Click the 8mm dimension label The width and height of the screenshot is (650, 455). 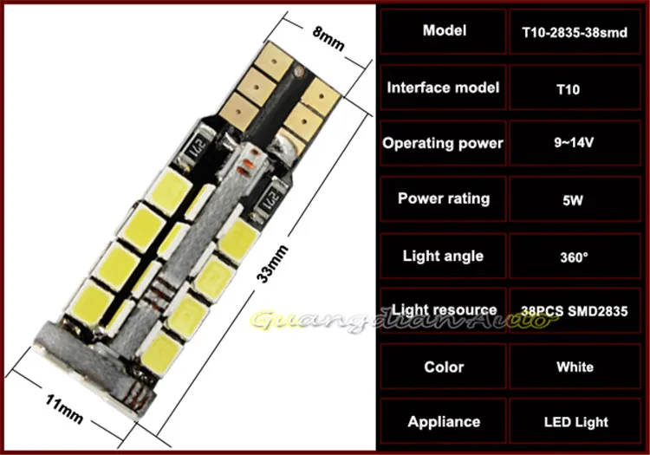click(x=328, y=38)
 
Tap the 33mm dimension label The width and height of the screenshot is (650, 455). click(x=272, y=264)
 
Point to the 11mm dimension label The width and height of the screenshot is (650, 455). click(x=64, y=409)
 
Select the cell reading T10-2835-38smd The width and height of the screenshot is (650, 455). click(x=575, y=32)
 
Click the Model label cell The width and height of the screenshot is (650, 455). click(x=443, y=31)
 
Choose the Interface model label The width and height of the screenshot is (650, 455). click(x=443, y=88)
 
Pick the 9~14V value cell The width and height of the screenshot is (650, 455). click(x=575, y=143)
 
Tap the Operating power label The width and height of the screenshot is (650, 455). click(x=443, y=143)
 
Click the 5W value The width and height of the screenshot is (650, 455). click(x=573, y=200)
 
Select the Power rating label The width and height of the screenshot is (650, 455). click(x=444, y=198)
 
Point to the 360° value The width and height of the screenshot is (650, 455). click(x=574, y=257)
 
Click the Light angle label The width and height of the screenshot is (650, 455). click(x=443, y=256)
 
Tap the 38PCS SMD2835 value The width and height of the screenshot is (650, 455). click(x=575, y=311)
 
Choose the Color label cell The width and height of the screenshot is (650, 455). click(x=443, y=366)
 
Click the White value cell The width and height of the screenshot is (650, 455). click(x=575, y=366)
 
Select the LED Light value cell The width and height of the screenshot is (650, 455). click(x=575, y=421)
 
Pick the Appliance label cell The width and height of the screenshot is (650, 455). click(x=443, y=421)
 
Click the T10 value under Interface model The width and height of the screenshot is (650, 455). click(x=568, y=89)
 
